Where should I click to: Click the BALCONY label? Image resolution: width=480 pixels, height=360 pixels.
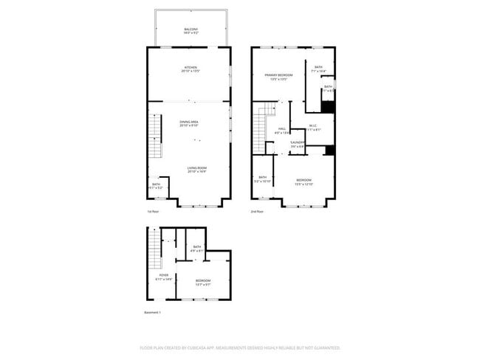click(191, 29)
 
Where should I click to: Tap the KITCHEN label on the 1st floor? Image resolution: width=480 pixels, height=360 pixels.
click(191, 68)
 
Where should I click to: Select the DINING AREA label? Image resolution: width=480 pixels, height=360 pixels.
click(189, 122)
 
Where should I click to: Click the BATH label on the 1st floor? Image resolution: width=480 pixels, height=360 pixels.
click(156, 184)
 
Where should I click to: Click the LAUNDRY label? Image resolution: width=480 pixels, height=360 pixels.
click(298, 142)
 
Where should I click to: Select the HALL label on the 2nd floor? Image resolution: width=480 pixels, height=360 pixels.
click(282, 129)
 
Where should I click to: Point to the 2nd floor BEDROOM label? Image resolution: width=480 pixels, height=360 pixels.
click(304, 180)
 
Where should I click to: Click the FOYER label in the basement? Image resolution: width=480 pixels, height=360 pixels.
click(163, 276)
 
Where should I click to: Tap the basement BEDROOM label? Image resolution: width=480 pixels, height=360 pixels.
click(204, 280)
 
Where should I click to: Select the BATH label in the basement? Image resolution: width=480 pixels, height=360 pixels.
click(197, 247)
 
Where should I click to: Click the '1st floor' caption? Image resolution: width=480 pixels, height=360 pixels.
click(153, 212)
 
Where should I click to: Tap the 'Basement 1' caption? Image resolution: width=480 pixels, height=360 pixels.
click(152, 312)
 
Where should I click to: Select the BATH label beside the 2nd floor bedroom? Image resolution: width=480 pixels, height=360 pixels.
click(262, 178)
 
